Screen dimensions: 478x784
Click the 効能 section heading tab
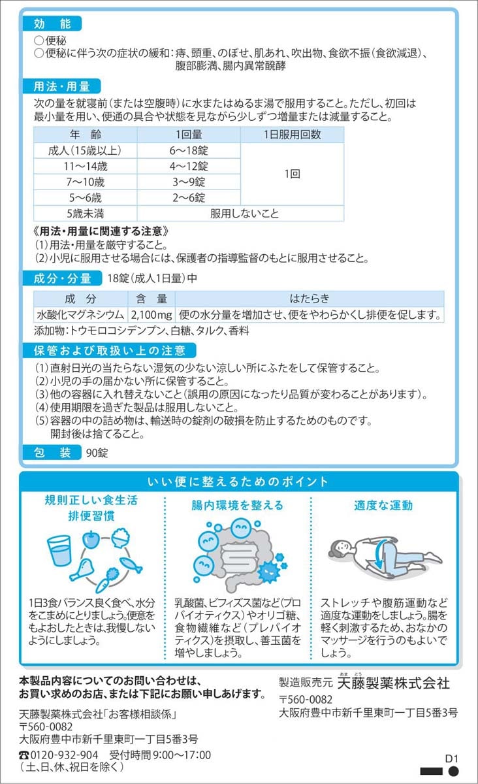[x=52, y=24]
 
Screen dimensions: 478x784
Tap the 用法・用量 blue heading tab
[x=62, y=86]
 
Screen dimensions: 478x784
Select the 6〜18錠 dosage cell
[x=189, y=150]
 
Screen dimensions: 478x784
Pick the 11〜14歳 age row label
[x=86, y=166]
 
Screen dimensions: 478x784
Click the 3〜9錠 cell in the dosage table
[x=189, y=182]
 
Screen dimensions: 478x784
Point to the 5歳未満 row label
[x=86, y=214]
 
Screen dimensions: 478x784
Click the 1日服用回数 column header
[x=292, y=135]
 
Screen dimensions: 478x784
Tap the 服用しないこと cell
[x=245, y=214]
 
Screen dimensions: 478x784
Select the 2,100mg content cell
[x=151, y=315]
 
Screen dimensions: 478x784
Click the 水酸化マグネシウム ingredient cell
[x=81, y=315]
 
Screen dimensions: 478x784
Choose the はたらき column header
[x=310, y=299]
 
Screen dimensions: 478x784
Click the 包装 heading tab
[x=52, y=453]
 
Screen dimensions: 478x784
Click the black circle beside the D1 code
[x=453, y=771]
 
